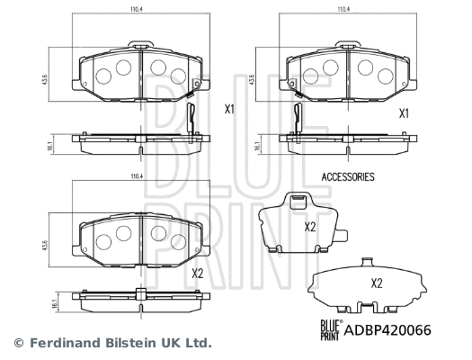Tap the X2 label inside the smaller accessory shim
pos(309,227)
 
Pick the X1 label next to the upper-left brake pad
pos(228,110)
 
